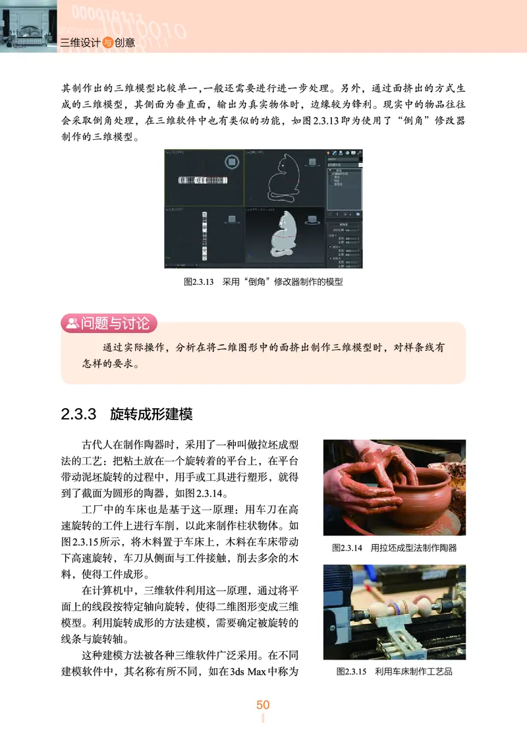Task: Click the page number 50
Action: pos(263,705)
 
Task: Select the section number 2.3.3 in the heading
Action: pos(79,415)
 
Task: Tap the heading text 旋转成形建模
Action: pos(151,415)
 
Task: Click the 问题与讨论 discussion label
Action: pos(119,323)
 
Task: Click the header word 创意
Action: pos(125,43)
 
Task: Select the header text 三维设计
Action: pos(80,43)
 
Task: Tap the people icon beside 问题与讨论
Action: pos(70,323)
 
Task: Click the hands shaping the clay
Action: pos(375,462)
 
